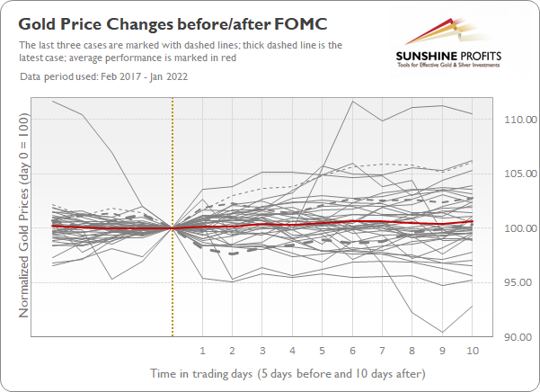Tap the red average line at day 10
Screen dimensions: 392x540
point(473,222)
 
